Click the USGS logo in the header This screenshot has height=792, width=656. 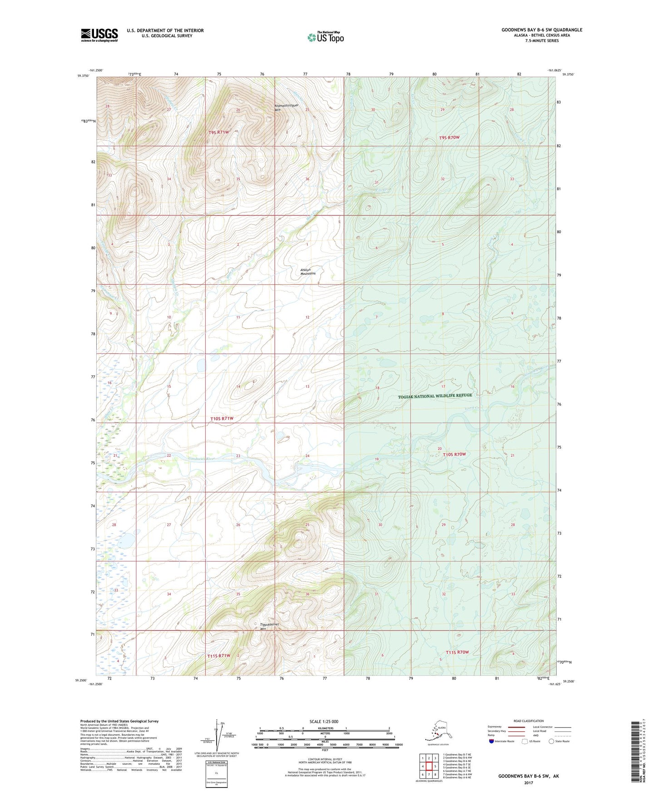pos(99,35)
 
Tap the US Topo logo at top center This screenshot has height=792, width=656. pos(326,37)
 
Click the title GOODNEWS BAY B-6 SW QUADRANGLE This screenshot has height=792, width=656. pos(542,30)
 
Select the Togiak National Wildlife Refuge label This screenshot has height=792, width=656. pos(434,396)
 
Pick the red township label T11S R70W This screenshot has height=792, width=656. pos(457,652)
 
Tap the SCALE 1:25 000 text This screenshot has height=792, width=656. pos(324,722)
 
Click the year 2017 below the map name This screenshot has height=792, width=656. pos(528,783)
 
